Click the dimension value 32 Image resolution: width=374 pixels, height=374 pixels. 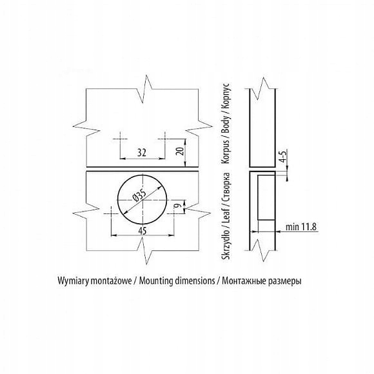click(x=142, y=152)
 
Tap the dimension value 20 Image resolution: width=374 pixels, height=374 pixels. click(x=181, y=152)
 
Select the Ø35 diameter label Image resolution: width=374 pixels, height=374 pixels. click(x=139, y=195)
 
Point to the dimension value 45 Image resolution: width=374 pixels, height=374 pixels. click(x=143, y=230)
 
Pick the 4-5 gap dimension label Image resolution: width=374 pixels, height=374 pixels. click(x=283, y=157)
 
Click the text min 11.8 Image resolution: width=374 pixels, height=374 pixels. click(x=301, y=226)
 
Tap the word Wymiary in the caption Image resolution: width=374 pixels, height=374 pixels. click(x=73, y=281)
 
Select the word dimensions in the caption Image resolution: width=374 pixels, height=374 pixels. click(x=195, y=280)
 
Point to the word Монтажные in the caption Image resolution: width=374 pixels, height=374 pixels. click(x=244, y=281)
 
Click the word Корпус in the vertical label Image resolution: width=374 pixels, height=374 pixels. click(x=226, y=97)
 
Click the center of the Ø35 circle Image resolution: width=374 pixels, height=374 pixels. click(x=143, y=200)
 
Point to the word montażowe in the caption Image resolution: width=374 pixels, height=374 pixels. click(x=111, y=281)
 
